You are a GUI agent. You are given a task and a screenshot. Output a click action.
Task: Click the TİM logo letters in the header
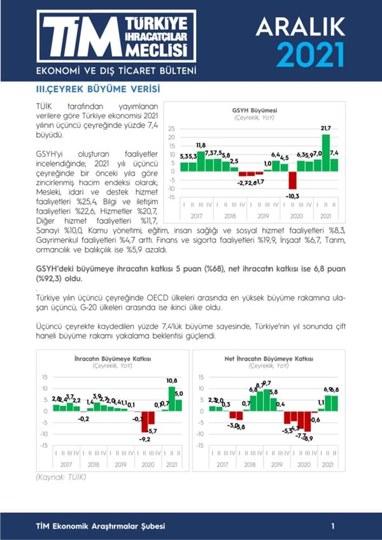pos(80,38)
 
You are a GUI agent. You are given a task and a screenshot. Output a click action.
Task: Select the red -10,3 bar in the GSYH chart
pos(293,180)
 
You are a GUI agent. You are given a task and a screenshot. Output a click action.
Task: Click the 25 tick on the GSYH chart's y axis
pos(172,128)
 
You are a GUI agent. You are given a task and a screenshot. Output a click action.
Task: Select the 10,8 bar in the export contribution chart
pos(171,398)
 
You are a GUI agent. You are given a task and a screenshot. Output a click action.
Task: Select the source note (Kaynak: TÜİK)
pos(52,476)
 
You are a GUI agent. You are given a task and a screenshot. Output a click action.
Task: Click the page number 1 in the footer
pos(332,526)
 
